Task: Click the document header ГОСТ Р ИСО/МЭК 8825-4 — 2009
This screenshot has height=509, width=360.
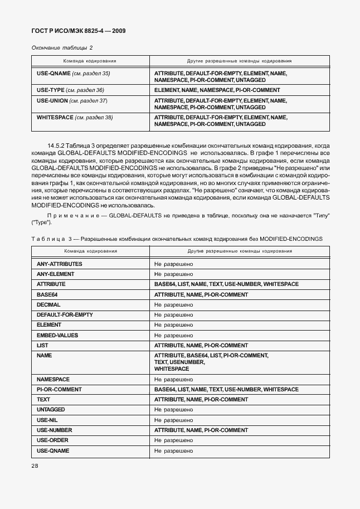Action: point(77,31)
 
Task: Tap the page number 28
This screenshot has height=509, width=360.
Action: point(35,466)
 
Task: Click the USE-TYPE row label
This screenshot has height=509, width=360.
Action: point(70,90)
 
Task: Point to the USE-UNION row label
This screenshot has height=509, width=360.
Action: point(71,101)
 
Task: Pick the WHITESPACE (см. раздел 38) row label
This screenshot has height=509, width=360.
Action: point(74,118)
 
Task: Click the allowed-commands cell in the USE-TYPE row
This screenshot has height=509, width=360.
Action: point(217,90)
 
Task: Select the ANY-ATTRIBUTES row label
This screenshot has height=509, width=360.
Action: point(59,264)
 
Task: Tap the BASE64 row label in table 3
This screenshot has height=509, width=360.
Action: point(46,294)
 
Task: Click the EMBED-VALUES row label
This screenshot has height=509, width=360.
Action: point(57,335)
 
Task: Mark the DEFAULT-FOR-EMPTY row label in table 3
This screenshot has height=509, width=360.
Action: point(64,315)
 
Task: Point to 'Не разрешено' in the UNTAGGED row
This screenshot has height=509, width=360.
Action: point(173,410)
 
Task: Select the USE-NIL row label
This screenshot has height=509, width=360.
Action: point(47,420)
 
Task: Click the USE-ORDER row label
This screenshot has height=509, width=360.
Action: point(52,440)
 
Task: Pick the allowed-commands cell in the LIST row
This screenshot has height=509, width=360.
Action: point(201,346)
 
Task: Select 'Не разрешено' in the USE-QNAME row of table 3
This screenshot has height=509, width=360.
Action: point(173,450)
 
